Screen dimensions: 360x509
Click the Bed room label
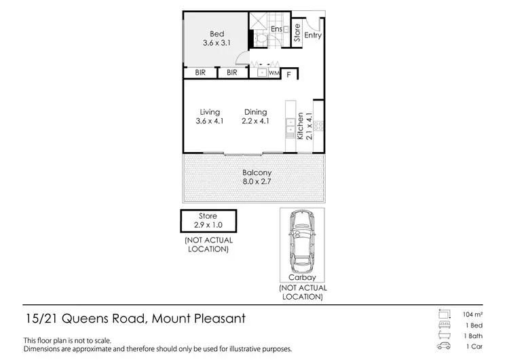pos(216,34)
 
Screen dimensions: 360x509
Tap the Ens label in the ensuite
pos(276,29)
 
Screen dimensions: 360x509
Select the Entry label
pos(313,35)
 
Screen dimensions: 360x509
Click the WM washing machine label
pos(274,73)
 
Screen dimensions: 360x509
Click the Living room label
pos(210,112)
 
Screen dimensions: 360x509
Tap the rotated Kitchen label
pos(301,126)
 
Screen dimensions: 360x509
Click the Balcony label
pos(257,173)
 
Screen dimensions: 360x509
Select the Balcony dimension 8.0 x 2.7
pos(257,183)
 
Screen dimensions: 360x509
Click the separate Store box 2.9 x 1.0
pos(208,220)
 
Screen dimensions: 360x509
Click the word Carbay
pos(303,278)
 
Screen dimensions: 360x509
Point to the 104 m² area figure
pos(474,314)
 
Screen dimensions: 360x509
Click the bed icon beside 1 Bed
pos(445,325)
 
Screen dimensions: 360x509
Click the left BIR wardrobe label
pos(200,73)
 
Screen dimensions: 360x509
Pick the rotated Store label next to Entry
pos(297,34)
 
